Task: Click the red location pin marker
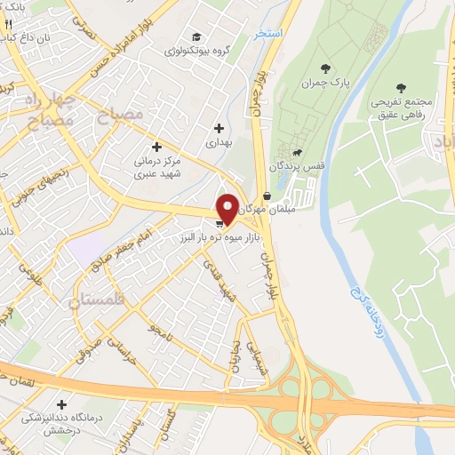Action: point(227,208)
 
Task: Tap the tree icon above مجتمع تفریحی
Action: point(401,88)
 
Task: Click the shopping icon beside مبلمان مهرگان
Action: point(267,197)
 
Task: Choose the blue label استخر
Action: point(267,32)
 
